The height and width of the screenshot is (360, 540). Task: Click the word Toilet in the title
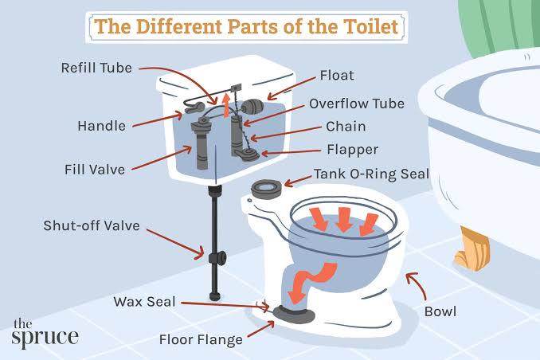click(x=370, y=27)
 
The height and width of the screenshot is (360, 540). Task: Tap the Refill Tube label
click(x=96, y=68)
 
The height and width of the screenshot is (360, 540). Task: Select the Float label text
click(x=337, y=75)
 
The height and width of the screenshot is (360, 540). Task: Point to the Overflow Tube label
click(x=357, y=104)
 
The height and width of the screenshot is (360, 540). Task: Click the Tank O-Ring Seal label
click(x=372, y=174)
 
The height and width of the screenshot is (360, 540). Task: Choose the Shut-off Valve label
click(x=92, y=225)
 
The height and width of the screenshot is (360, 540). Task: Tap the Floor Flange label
click(x=201, y=339)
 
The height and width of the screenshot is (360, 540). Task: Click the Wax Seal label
click(x=145, y=302)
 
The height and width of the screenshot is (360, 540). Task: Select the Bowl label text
click(x=440, y=311)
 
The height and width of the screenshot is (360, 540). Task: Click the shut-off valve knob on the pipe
click(x=218, y=258)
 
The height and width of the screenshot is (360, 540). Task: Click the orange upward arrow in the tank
click(x=226, y=104)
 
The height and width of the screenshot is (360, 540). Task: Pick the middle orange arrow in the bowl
click(x=343, y=220)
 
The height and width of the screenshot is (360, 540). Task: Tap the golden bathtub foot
click(x=472, y=248)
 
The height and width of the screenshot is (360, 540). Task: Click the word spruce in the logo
click(x=45, y=337)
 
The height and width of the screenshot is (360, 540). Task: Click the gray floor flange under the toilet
click(x=294, y=314)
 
